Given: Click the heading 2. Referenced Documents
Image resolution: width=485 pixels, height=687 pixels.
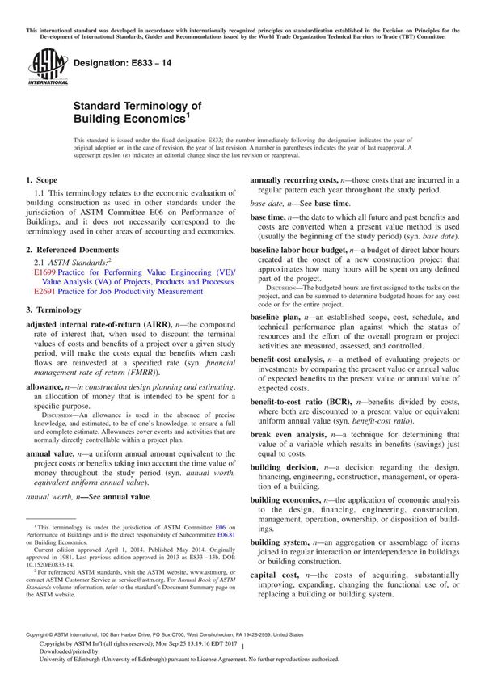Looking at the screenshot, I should pos(72,250).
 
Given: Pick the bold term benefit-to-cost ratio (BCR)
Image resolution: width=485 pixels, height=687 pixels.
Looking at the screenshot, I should pos(307,402).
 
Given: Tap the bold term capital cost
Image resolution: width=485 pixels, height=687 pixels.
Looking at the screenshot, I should pos(275,574).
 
